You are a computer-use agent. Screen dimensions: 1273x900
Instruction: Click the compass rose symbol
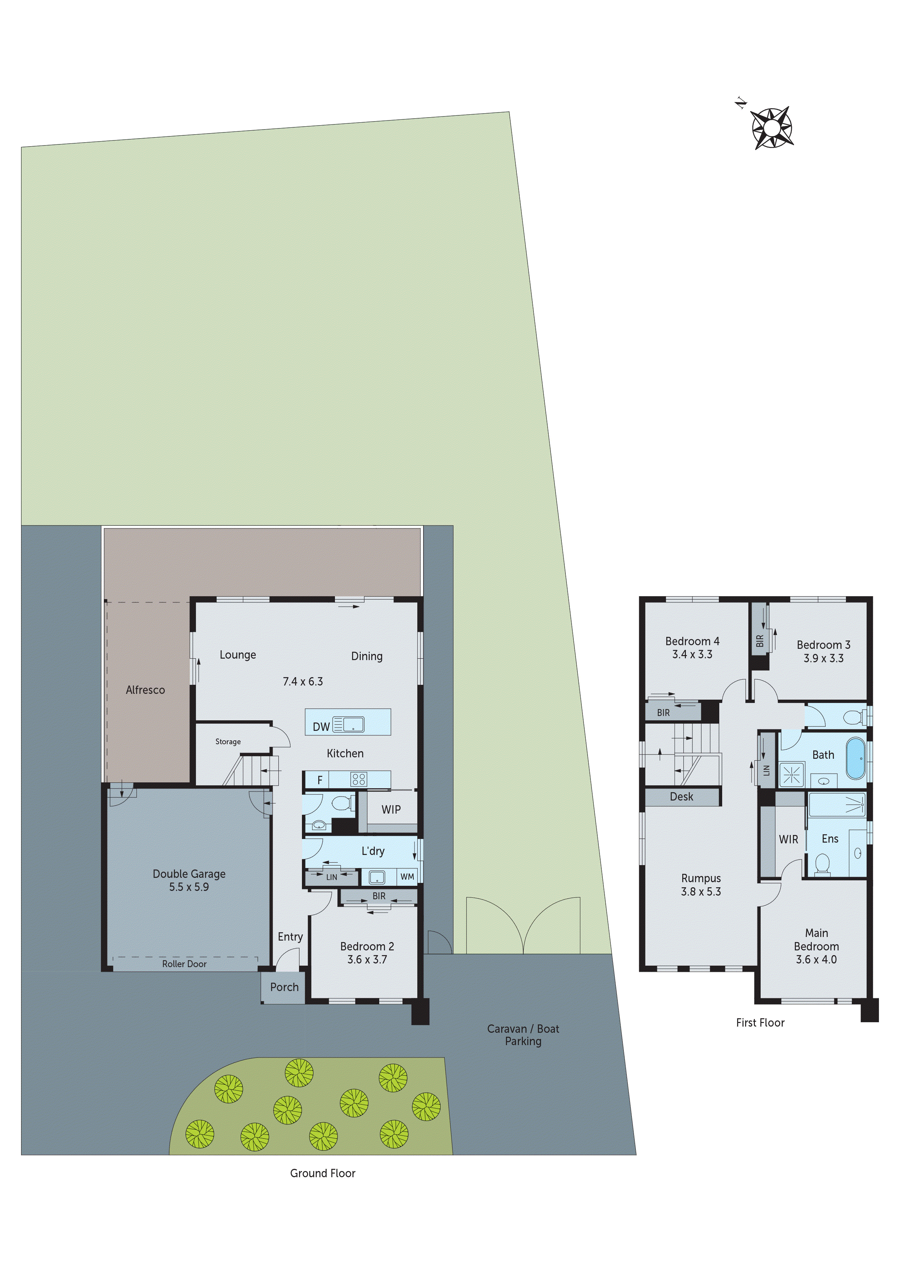point(771,128)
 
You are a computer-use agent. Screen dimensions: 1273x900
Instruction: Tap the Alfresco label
point(145,690)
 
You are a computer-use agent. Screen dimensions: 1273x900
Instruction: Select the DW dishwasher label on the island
point(321,726)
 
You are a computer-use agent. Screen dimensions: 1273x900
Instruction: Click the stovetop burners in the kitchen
point(358,779)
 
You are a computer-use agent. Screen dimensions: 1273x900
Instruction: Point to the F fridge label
point(320,780)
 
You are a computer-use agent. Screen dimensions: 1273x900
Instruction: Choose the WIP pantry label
point(391,810)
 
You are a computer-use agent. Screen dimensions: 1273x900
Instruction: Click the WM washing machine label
point(407,877)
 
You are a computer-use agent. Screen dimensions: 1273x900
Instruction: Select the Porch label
point(284,987)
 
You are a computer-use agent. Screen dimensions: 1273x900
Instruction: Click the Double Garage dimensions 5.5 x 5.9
point(189,887)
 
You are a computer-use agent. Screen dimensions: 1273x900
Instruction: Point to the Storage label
point(228,741)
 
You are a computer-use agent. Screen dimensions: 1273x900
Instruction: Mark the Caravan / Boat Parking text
point(523,1035)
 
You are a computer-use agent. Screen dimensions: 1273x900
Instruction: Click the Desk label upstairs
point(682,797)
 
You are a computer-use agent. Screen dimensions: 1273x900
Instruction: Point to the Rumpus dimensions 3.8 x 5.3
point(701,892)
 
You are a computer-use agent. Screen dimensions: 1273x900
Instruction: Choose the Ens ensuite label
point(830,839)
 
